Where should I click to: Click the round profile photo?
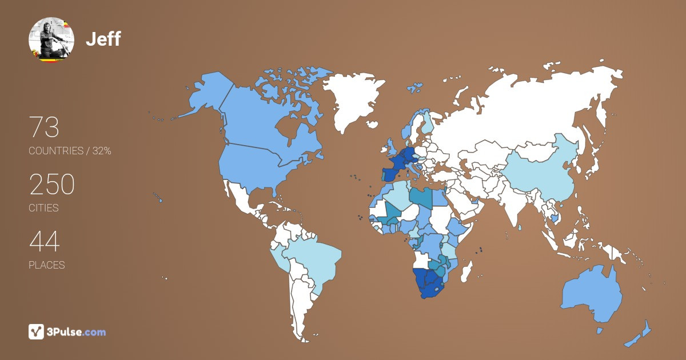[51, 39]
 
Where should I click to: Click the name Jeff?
[103, 39]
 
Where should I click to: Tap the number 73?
[44, 127]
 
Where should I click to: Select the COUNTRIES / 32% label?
[70, 151]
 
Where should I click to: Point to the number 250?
[51, 185]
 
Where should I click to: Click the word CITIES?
[43, 208]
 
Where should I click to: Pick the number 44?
[44, 242]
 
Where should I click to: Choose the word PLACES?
[46, 265]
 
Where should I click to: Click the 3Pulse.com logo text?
[77, 332]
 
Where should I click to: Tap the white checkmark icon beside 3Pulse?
[36, 331]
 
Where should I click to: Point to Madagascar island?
[467, 270]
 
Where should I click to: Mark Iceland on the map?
[414, 89]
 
